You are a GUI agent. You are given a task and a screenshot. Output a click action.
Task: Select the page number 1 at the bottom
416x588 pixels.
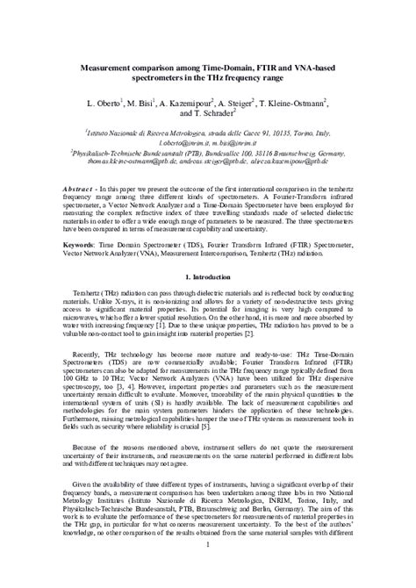[x=208, y=570]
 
